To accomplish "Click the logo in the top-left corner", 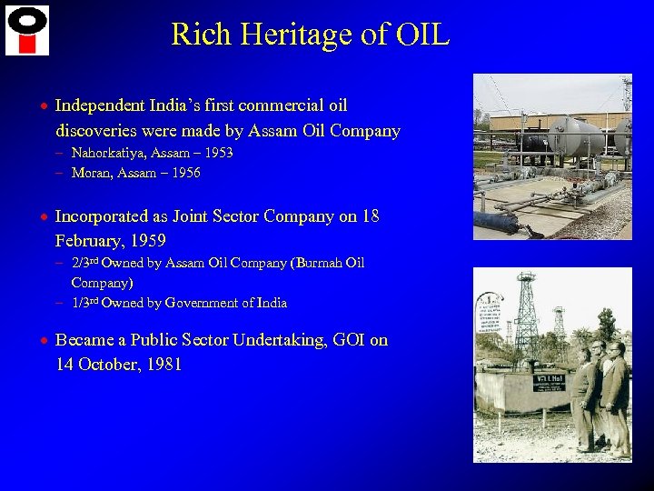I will (x=27, y=30).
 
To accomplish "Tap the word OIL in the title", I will (x=423, y=35).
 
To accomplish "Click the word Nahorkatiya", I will (x=114, y=153).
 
